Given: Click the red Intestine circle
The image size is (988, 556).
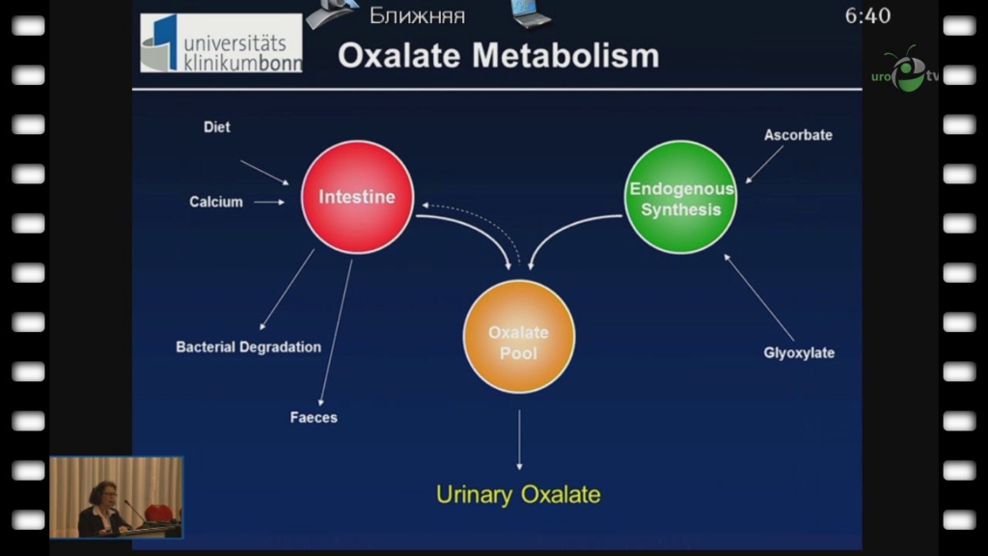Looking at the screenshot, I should (357, 197).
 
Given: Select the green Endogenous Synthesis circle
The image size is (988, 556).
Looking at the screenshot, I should (680, 198).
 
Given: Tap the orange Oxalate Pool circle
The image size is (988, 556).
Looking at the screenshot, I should (518, 337).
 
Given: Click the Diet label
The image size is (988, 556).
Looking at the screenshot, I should (217, 127).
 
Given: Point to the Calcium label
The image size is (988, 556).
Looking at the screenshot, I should (216, 202).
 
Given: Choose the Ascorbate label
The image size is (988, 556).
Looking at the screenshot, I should (798, 135).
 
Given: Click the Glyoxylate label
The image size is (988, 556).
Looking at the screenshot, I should (799, 353).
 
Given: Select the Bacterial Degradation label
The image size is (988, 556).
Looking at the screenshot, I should (248, 347).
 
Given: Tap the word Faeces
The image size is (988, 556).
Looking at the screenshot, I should (314, 418).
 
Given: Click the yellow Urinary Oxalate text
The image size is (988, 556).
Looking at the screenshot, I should (518, 495).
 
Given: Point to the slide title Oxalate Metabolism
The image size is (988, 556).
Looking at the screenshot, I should (498, 55).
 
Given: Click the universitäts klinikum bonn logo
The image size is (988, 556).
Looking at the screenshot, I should (221, 43).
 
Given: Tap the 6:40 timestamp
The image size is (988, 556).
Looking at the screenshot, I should (867, 16).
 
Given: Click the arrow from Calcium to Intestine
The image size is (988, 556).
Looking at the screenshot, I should (269, 202).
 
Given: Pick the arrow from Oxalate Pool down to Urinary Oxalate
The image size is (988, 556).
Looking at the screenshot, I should (519, 439).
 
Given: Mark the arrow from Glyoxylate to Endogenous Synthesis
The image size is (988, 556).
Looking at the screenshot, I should (759, 297).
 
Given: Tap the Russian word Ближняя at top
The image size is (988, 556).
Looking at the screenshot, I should (417, 15).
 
